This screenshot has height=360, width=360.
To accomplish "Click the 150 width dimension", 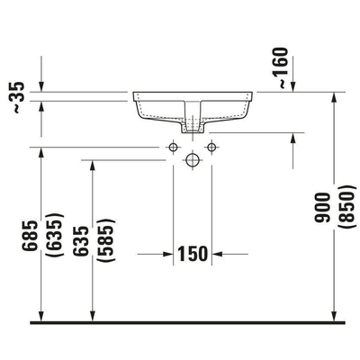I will click(192, 253).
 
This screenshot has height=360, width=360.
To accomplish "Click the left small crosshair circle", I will click(172, 146).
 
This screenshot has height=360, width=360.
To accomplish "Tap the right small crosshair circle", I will click(212, 146).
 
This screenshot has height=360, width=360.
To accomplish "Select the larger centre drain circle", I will click(192, 159).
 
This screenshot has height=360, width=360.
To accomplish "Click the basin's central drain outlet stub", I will click(192, 125).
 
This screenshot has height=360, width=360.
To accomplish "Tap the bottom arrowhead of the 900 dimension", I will click(334, 315).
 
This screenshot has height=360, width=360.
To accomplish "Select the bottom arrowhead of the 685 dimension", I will click(41, 315).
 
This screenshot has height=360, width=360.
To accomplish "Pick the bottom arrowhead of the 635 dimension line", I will click(93, 315).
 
